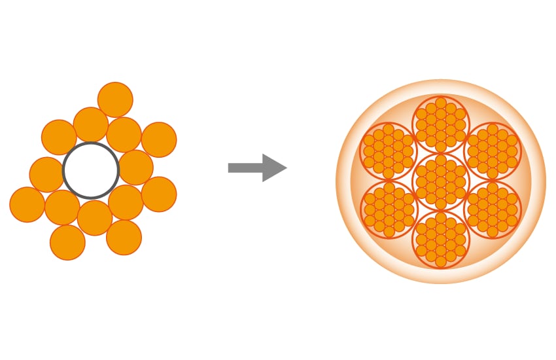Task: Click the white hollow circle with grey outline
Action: click(91, 170)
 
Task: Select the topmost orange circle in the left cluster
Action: click(115, 99)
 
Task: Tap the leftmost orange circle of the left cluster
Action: click(27, 204)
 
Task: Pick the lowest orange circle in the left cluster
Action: click(67, 242)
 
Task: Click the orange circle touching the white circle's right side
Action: click(135, 168)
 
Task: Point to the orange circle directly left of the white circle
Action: click(46, 174)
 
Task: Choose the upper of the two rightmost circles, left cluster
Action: click(159, 139)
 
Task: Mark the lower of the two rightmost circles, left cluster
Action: click(158, 194)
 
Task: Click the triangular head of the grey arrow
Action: click(273, 168)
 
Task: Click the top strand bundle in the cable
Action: click(441, 124)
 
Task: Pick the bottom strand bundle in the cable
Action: click(441, 239)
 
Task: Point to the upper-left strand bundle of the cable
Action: click(389, 151)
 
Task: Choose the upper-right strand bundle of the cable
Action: click(493, 151)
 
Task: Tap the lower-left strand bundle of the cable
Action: click(389, 209)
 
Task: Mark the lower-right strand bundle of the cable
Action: click(493, 209)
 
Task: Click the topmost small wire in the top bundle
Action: click(441, 103)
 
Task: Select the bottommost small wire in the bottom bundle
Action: click(441, 262)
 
